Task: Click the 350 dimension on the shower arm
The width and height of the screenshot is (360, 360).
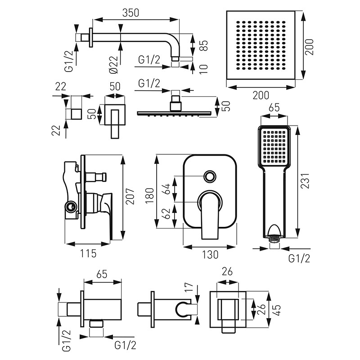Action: (x=130, y=13)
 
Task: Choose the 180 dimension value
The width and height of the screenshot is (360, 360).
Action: (x=150, y=194)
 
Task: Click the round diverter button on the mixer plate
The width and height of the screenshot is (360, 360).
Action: (x=210, y=176)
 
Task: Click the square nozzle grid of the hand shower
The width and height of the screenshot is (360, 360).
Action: (x=274, y=146)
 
